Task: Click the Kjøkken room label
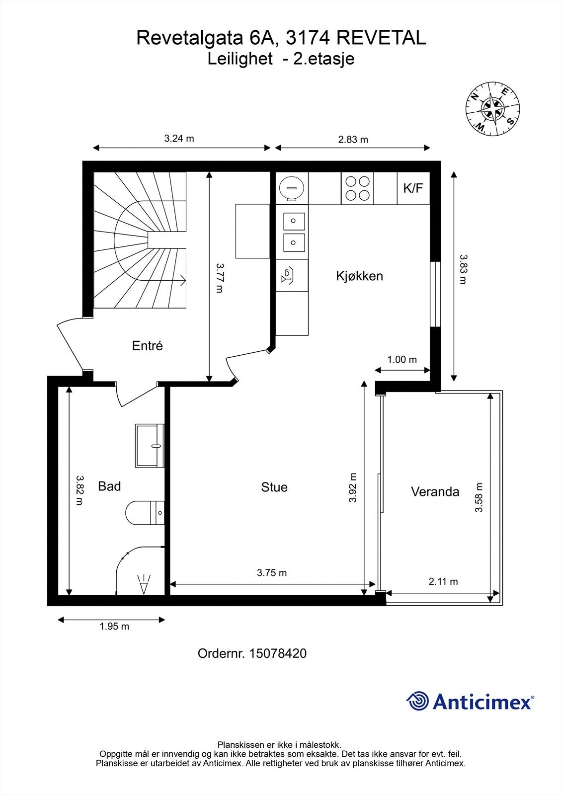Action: [x=359, y=276]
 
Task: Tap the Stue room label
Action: [x=274, y=487]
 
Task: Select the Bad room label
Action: [x=109, y=486]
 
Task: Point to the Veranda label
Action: [x=435, y=491]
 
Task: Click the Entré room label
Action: [x=148, y=345]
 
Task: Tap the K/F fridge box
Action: [x=413, y=188]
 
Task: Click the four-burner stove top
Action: [x=357, y=188]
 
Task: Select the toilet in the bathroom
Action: [x=145, y=512]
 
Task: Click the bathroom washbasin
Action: [x=150, y=445]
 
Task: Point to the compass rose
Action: [x=492, y=108]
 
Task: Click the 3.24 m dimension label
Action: [x=179, y=139]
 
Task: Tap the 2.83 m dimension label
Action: [x=353, y=140]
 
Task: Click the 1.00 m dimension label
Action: [x=402, y=360]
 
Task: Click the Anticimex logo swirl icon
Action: [x=417, y=701]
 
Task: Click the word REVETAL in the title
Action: [x=381, y=38]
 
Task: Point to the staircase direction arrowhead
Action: [x=183, y=280]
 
